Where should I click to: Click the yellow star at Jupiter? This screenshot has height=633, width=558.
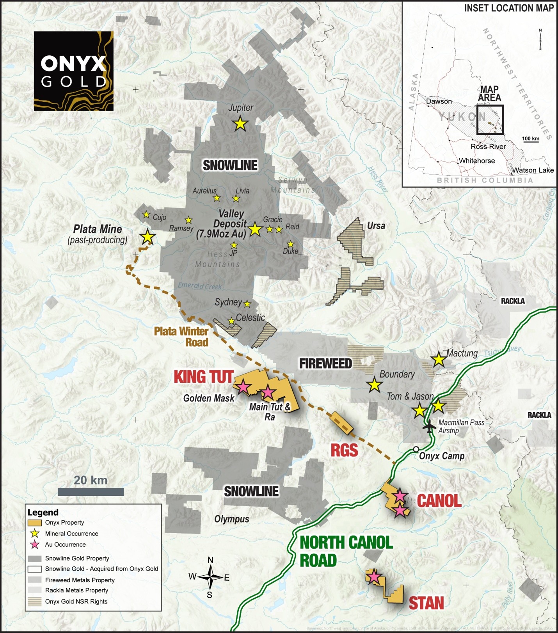click(240, 124)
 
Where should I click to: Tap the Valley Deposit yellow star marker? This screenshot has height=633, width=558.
click(255, 229)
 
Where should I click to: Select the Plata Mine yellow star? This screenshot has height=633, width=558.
click(147, 237)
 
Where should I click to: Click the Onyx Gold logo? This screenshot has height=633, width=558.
click(74, 71)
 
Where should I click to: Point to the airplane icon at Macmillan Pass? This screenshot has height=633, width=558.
click(429, 426)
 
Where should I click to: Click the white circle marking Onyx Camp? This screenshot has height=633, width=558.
click(416, 449)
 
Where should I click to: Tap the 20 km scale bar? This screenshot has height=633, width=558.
click(91, 492)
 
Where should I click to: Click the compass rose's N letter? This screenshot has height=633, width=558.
click(210, 560)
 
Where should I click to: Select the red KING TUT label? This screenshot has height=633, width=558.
click(203, 377)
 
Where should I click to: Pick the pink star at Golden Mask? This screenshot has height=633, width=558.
click(243, 387)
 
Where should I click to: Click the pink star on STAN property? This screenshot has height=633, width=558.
click(374, 576)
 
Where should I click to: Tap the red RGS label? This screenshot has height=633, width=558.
click(344, 450)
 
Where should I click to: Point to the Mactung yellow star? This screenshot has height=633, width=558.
click(439, 359)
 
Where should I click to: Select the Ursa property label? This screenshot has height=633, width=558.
click(376, 226)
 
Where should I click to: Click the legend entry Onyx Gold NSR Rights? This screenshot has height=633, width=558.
click(76, 601)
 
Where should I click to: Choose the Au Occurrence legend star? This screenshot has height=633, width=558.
click(35, 544)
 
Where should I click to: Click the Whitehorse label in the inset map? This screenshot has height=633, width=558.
click(476, 161)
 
